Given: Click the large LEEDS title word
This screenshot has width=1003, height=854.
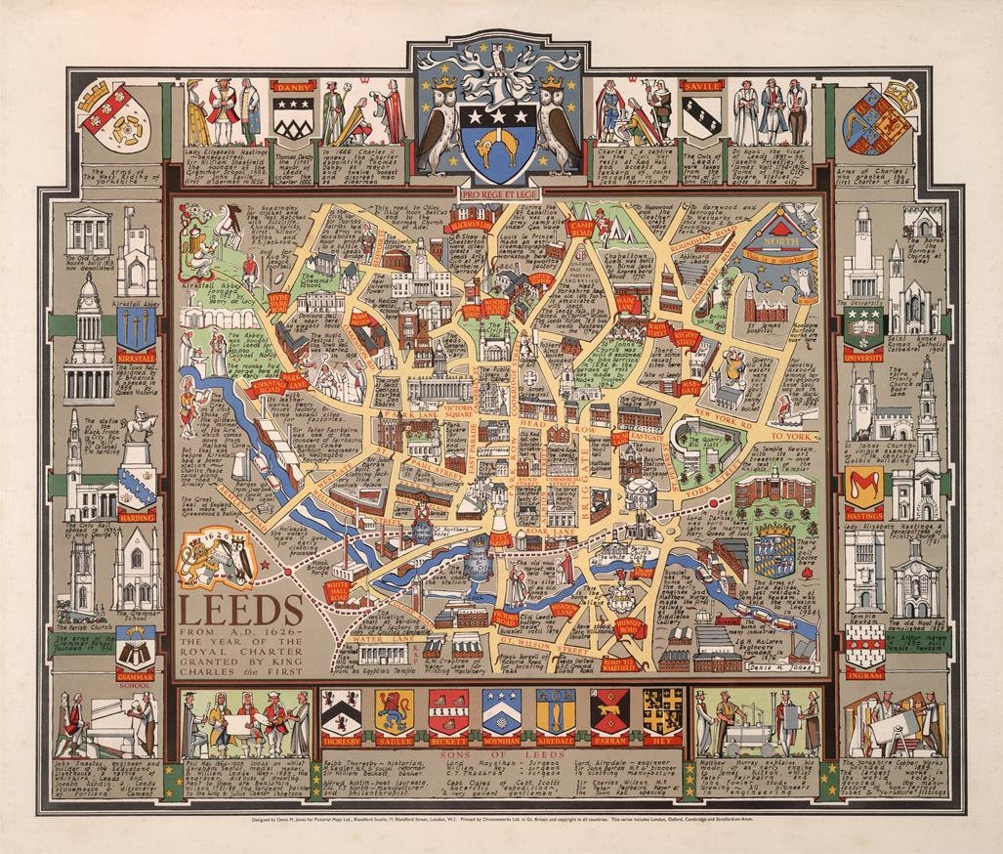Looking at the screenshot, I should pos(240,610).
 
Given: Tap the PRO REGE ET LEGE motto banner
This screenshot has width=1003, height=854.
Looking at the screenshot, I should pos(500,194).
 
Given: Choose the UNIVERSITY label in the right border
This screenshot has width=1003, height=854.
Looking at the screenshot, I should pos(863,358).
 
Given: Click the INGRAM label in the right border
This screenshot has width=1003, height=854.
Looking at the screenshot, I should pos(864,674).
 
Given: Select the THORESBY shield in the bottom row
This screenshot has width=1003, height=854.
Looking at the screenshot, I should pos(341,714).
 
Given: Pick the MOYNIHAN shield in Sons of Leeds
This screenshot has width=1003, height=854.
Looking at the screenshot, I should pos(501,714).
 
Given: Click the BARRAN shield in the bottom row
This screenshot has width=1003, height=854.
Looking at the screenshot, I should pos(609,714).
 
